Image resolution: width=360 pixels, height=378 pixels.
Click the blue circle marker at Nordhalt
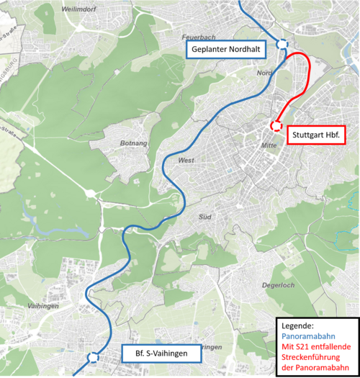[x=282, y=44]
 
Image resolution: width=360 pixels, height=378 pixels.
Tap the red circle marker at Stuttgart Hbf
[x=275, y=126]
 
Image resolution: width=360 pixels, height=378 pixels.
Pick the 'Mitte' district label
[x=269, y=145]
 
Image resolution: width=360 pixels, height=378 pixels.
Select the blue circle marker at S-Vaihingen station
[x=92, y=357]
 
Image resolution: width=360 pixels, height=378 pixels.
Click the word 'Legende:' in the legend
[x=298, y=325]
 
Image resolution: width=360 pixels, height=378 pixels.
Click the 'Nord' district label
[x=264, y=73]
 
